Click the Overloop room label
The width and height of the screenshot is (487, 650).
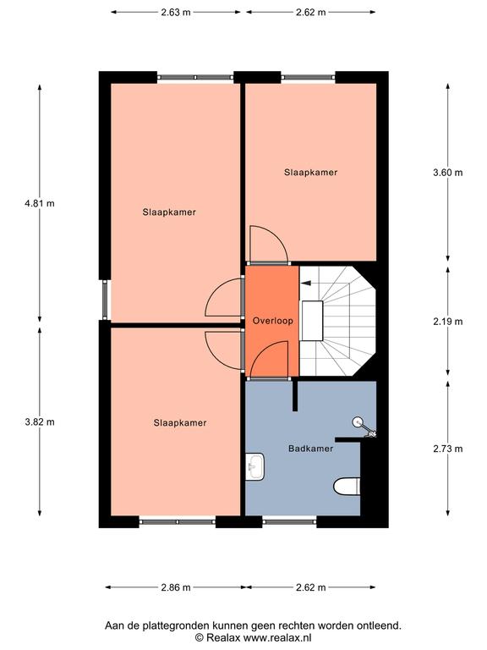272,321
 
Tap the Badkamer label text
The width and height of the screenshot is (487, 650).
310,448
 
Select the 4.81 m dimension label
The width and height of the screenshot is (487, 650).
40,203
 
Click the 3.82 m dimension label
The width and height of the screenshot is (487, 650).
40,422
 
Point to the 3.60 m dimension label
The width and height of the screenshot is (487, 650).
447,173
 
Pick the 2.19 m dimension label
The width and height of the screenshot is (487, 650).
447,322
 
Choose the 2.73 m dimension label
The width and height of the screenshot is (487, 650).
447,449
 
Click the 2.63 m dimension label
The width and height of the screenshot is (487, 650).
176,12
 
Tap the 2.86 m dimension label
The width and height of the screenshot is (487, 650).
176,587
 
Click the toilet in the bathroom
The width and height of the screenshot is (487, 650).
347,487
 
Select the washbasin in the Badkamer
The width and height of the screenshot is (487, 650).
254,467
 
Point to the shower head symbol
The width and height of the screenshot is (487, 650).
364,427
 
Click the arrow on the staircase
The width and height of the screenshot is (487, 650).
307,284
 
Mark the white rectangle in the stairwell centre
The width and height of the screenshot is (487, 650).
312,321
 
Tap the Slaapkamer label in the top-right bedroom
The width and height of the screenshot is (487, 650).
310,172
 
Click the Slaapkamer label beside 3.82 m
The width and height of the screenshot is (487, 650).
180,423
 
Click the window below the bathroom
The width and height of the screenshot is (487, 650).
289,522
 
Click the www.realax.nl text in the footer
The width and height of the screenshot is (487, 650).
277,637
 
